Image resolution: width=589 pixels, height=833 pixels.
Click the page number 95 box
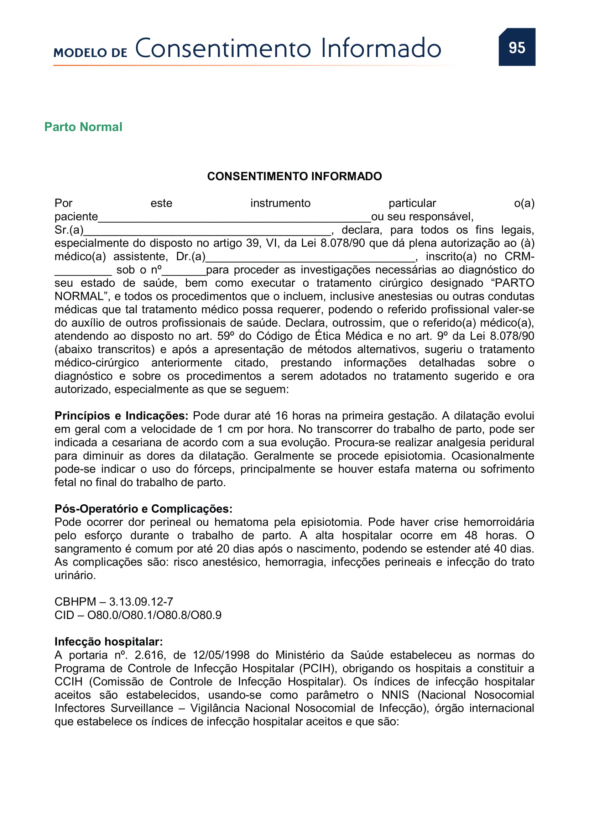tap(516, 47)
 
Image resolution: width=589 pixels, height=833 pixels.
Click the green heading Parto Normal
tap(83, 127)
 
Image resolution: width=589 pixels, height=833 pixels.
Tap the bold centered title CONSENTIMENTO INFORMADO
tap(294, 176)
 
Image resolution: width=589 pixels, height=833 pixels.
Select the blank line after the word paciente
tap(234, 218)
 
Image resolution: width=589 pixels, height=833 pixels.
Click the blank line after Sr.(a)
tap(207, 231)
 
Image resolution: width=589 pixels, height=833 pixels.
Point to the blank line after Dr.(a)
tap(310, 257)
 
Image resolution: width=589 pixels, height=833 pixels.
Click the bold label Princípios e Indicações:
tap(121, 416)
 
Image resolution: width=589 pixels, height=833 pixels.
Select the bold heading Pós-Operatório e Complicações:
tap(143, 509)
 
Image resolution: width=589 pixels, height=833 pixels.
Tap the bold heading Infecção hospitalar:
tap(109, 642)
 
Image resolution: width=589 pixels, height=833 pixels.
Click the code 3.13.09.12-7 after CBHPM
tap(141, 602)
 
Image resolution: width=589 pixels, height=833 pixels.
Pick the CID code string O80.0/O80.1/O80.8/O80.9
tap(154, 615)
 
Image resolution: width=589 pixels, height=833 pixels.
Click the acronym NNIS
tap(395, 695)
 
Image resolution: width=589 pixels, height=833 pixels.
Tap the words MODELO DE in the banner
tap(90, 53)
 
